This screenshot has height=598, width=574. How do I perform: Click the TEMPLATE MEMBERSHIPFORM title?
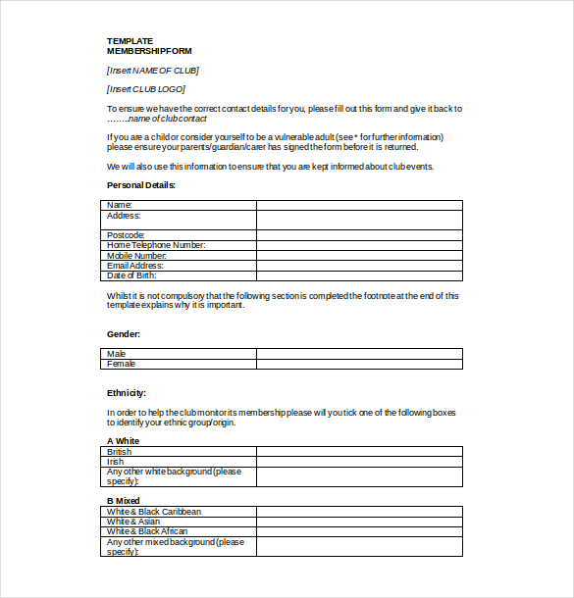point(148,45)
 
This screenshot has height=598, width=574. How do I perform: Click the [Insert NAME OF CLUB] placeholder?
point(153,70)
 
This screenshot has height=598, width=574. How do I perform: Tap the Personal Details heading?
point(141,185)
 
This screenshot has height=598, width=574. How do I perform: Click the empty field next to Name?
point(359,205)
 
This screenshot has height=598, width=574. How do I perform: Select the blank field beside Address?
point(359,220)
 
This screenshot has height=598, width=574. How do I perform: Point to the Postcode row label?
point(127,235)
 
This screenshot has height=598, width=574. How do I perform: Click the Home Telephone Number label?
point(156,245)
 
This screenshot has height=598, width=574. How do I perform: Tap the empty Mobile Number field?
point(359,255)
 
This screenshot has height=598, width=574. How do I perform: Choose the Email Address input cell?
point(359,266)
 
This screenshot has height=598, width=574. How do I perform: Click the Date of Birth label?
point(131,275)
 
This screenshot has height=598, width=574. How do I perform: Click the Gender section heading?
point(124,334)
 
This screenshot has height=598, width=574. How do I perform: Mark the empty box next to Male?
point(359,354)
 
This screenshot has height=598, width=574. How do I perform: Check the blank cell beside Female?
point(359,364)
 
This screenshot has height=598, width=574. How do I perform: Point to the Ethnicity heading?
point(127,393)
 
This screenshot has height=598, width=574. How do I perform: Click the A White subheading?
point(123,441)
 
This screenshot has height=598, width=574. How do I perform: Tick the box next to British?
point(359,452)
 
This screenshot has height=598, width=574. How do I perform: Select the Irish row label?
point(115,462)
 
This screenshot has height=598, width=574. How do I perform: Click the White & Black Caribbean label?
point(154,512)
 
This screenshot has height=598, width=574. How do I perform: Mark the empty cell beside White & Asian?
point(359,522)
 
